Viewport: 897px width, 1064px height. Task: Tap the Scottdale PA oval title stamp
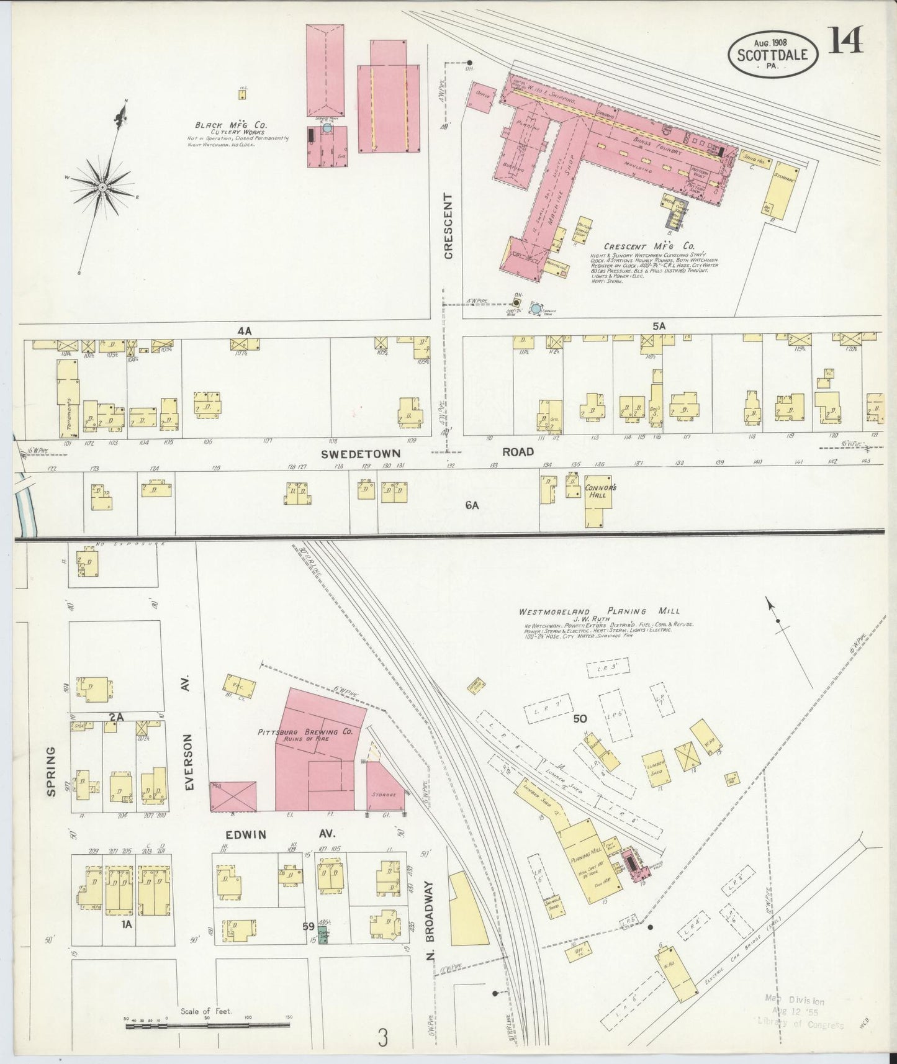772,55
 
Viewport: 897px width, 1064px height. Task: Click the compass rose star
102,186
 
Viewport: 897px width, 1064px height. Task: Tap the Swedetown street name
360,453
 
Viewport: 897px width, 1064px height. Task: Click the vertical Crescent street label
448,225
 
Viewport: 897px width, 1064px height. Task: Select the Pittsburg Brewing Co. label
305,732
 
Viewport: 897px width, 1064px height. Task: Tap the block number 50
580,719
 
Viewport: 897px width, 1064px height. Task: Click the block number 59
308,926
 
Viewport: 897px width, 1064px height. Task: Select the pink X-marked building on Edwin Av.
233,796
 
